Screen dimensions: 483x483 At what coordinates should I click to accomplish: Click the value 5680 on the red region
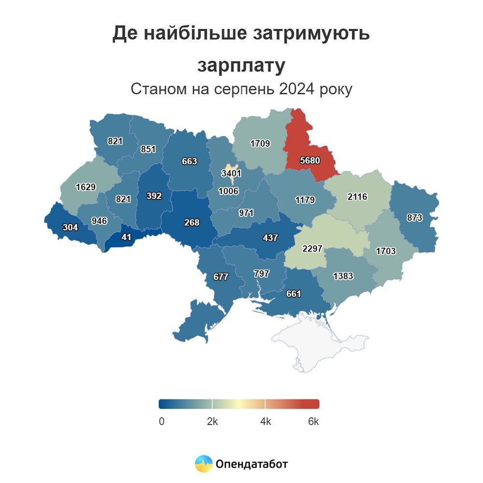[x=310, y=160]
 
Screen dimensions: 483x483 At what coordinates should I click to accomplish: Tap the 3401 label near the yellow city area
[x=231, y=173]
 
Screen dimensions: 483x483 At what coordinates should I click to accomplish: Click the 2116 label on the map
[x=357, y=197]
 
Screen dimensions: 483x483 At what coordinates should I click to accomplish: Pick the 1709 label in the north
[x=260, y=143]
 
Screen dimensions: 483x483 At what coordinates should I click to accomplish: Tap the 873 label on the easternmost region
[x=414, y=218]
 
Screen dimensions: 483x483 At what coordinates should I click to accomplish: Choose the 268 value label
[x=191, y=222]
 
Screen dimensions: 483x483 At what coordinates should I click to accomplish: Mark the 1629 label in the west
[x=85, y=187]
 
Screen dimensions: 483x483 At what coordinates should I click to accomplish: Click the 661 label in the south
[x=293, y=293]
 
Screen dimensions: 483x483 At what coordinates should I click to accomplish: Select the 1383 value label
[x=343, y=276]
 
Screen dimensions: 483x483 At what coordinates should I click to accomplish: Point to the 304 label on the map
[x=70, y=227]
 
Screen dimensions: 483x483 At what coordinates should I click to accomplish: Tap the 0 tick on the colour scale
[x=161, y=422]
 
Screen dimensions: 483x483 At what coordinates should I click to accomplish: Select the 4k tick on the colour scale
[x=265, y=422]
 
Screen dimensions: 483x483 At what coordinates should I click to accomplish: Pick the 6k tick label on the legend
[x=313, y=422]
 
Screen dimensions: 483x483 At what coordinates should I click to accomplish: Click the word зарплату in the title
[x=241, y=66]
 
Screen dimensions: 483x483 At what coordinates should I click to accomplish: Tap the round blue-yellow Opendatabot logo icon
[x=203, y=464]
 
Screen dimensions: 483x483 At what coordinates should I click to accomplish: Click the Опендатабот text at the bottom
[x=252, y=465]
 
